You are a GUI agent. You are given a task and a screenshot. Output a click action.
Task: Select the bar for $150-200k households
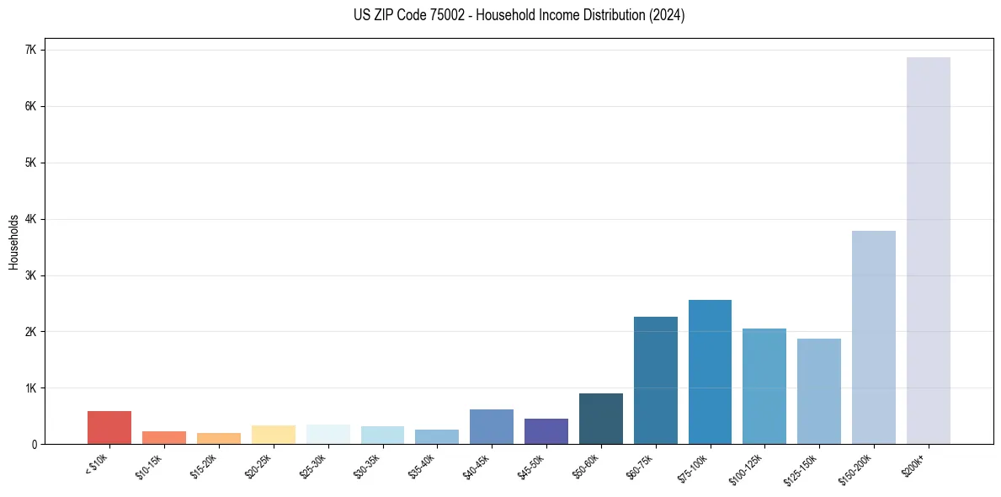pos(873,337)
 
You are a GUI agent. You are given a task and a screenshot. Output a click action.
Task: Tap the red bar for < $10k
pos(109,427)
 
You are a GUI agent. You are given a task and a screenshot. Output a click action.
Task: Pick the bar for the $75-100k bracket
pos(710,371)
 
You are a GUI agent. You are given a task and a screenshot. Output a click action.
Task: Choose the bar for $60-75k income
pos(655,380)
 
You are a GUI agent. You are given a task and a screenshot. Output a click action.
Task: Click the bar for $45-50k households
pos(546,431)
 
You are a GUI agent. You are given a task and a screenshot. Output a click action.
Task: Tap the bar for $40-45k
pos(491,426)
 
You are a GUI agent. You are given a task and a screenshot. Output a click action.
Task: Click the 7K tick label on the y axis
pos(31,50)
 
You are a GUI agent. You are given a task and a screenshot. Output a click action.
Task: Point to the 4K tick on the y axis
pos(31,219)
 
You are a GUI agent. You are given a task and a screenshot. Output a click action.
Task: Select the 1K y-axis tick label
pos(31,388)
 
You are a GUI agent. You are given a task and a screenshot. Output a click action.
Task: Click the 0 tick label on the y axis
pos(34,445)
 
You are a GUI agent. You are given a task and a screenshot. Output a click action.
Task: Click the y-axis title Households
pos(13,242)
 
